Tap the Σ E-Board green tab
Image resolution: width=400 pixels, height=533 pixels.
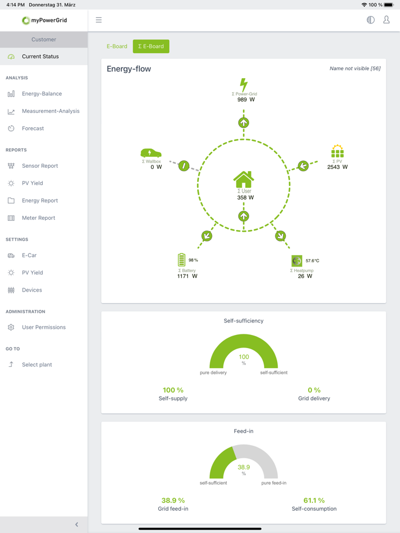point(151,46)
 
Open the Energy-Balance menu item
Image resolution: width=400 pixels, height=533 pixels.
point(42,94)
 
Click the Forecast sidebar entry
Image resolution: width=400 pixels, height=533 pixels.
point(33,128)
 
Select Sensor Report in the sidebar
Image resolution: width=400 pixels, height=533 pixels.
point(40,166)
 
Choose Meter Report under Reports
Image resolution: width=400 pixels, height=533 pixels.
point(38,218)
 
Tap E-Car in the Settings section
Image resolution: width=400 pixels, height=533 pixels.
point(29,256)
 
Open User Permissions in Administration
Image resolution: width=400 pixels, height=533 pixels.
point(43,328)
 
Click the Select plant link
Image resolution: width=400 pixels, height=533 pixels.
point(37,365)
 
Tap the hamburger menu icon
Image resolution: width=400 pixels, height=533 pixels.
point(99,20)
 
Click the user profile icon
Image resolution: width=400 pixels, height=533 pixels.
point(386,20)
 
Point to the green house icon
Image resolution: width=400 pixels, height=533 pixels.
point(243,180)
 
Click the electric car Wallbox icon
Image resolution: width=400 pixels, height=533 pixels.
point(151,153)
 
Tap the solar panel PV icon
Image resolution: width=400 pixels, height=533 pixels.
point(338,152)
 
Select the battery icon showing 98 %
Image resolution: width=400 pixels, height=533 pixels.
point(182,260)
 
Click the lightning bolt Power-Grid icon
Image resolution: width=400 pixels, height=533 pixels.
point(244,85)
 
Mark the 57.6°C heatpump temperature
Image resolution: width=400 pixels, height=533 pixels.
point(312,261)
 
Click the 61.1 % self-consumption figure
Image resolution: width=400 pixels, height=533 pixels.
point(314,500)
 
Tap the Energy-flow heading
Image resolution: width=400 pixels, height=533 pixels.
point(129,69)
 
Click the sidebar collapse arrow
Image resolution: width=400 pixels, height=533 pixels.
point(77,524)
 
